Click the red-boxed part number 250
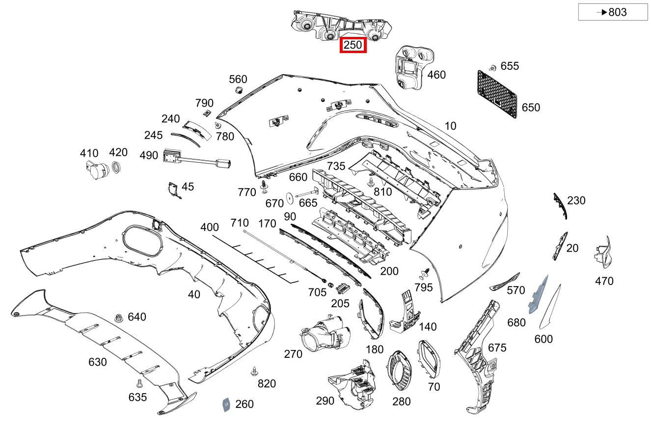point(353,46)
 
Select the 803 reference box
point(613,12)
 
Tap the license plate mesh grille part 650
point(497,94)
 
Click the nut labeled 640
point(118,318)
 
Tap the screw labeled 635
point(139,383)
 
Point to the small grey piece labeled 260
point(226,404)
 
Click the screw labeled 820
point(254,371)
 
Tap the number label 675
point(497,348)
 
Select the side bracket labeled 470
point(603,252)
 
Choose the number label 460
point(436,75)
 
